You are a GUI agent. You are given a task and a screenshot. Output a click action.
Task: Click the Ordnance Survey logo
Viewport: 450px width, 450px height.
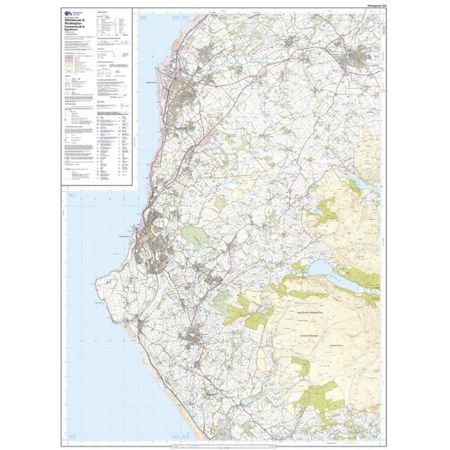tap(70, 13)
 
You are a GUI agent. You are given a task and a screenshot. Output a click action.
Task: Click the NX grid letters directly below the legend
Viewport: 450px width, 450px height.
tap(71, 195)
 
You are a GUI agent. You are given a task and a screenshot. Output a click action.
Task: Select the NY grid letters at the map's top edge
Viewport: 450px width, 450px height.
tap(154, 16)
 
